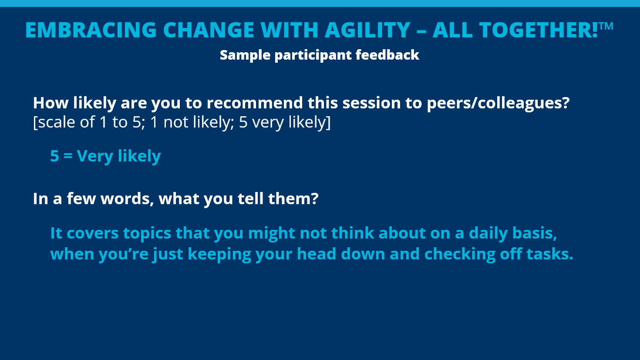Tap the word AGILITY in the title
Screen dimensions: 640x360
click(x=367, y=30)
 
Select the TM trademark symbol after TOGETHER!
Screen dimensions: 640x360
click(x=606, y=26)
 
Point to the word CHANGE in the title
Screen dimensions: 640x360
click(x=209, y=30)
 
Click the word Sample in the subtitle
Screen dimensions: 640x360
click(x=245, y=55)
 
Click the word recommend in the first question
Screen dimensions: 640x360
click(x=255, y=103)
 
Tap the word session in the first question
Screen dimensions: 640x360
click(x=371, y=103)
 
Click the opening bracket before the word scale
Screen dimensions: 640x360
click(x=35, y=123)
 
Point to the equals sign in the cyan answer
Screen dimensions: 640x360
click(x=68, y=156)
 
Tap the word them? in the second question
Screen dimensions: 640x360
click(x=293, y=199)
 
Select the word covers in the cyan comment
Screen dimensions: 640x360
click(x=93, y=233)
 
